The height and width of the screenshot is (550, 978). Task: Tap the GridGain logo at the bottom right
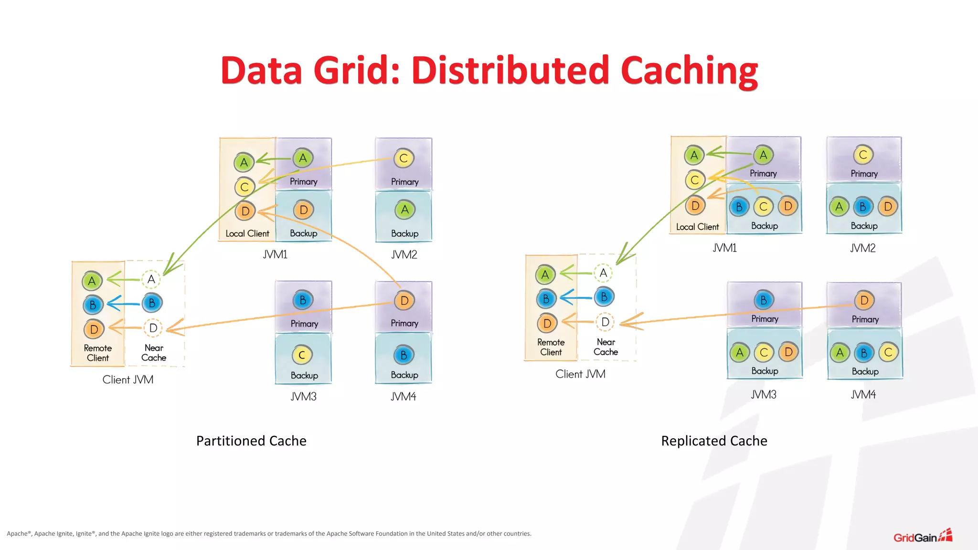tap(922, 537)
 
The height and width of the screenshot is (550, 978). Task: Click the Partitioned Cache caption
tap(251, 441)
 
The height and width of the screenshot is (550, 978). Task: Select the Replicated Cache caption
tap(714, 441)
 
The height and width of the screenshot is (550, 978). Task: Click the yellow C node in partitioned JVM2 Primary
tap(404, 159)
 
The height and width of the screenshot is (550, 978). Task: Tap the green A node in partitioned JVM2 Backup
tap(404, 210)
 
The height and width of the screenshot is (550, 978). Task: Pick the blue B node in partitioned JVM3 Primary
tap(303, 300)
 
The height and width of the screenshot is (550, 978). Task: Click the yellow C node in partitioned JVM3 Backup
tap(302, 355)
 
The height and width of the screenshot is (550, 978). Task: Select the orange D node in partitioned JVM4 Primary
tap(404, 301)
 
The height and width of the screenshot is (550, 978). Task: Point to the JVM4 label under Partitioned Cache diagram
tap(404, 397)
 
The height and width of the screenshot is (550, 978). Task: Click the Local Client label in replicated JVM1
tap(697, 227)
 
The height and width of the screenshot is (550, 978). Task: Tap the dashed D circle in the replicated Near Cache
tap(605, 322)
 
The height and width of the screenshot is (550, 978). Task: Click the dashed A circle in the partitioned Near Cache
tap(151, 280)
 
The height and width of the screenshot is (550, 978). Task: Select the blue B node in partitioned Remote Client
tap(93, 305)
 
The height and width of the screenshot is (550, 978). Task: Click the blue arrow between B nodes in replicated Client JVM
tap(575, 298)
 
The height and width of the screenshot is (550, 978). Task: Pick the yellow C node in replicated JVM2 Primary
tap(863, 155)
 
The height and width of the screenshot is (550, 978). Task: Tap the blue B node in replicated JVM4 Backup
tap(864, 353)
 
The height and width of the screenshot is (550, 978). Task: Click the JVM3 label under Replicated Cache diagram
tap(764, 395)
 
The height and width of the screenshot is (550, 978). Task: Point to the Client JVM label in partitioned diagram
tap(128, 380)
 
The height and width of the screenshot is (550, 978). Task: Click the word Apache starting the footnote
tap(17, 534)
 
